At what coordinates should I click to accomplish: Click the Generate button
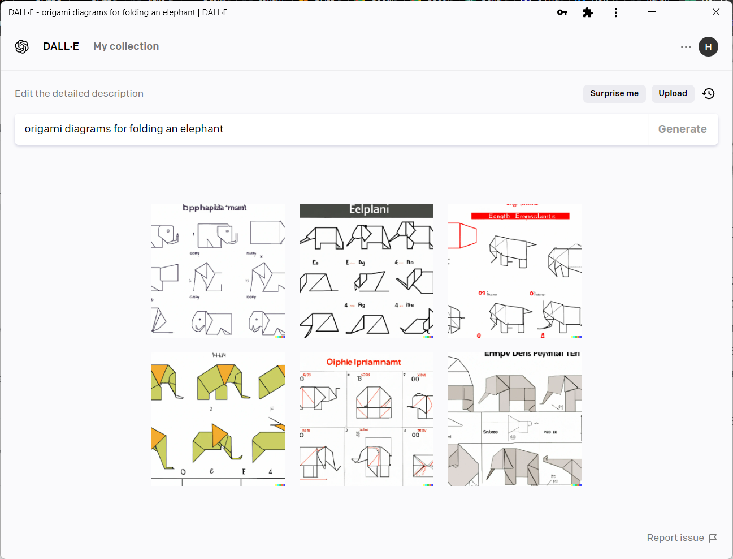tap(682, 129)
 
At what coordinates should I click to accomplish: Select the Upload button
tap(673, 93)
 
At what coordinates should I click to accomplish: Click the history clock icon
tap(708, 93)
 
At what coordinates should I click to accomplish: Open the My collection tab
tap(126, 46)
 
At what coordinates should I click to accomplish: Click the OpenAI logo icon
tap(22, 46)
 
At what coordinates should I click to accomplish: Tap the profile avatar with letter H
tap(708, 47)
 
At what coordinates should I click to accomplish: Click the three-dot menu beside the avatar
tap(686, 47)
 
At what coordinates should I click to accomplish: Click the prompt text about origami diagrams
tap(124, 129)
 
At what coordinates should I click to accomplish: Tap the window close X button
tap(716, 12)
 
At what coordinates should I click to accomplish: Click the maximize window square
tap(683, 12)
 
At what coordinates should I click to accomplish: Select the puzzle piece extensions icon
tap(588, 12)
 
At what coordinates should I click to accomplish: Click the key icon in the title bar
tap(562, 12)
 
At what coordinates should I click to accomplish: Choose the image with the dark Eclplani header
tap(366, 271)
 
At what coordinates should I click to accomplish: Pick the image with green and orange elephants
tap(218, 419)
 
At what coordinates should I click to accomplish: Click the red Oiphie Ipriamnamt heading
tap(363, 362)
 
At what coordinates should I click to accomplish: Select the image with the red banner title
tap(514, 271)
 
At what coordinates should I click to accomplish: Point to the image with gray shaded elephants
tap(514, 419)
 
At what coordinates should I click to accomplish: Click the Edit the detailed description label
tap(79, 93)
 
